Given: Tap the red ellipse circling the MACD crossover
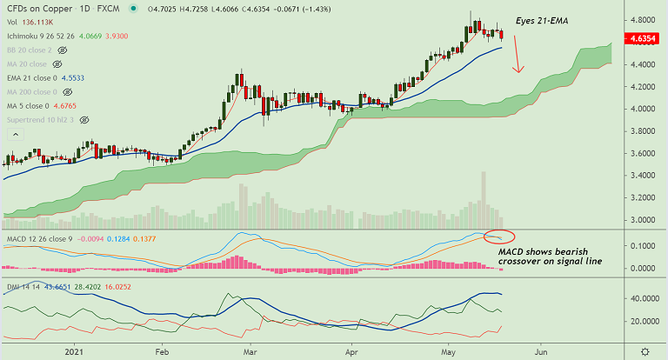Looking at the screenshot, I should click(498, 237).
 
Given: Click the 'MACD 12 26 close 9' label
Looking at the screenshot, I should click(39, 237).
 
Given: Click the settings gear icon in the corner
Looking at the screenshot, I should click(645, 351).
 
